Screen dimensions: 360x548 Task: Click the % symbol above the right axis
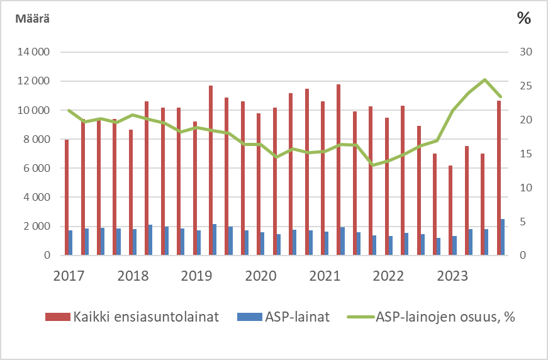click(523, 18)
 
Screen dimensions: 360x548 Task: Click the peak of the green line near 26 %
click(484, 79)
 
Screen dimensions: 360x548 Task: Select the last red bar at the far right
click(499, 177)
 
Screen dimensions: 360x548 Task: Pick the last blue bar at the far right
click(503, 237)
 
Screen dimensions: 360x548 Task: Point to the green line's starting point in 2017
click(69, 110)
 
